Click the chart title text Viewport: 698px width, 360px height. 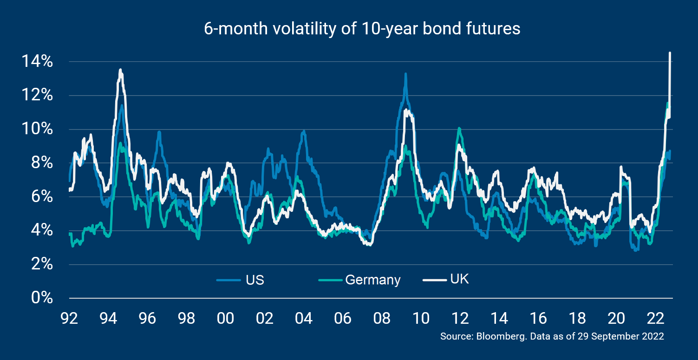coord(362,29)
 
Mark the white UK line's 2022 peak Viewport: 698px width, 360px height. coord(670,53)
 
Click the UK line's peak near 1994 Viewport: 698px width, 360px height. coord(120,70)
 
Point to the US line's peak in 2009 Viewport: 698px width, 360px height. coord(405,74)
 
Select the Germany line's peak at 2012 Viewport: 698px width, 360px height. coord(459,128)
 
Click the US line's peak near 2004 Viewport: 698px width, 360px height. coord(304,131)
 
